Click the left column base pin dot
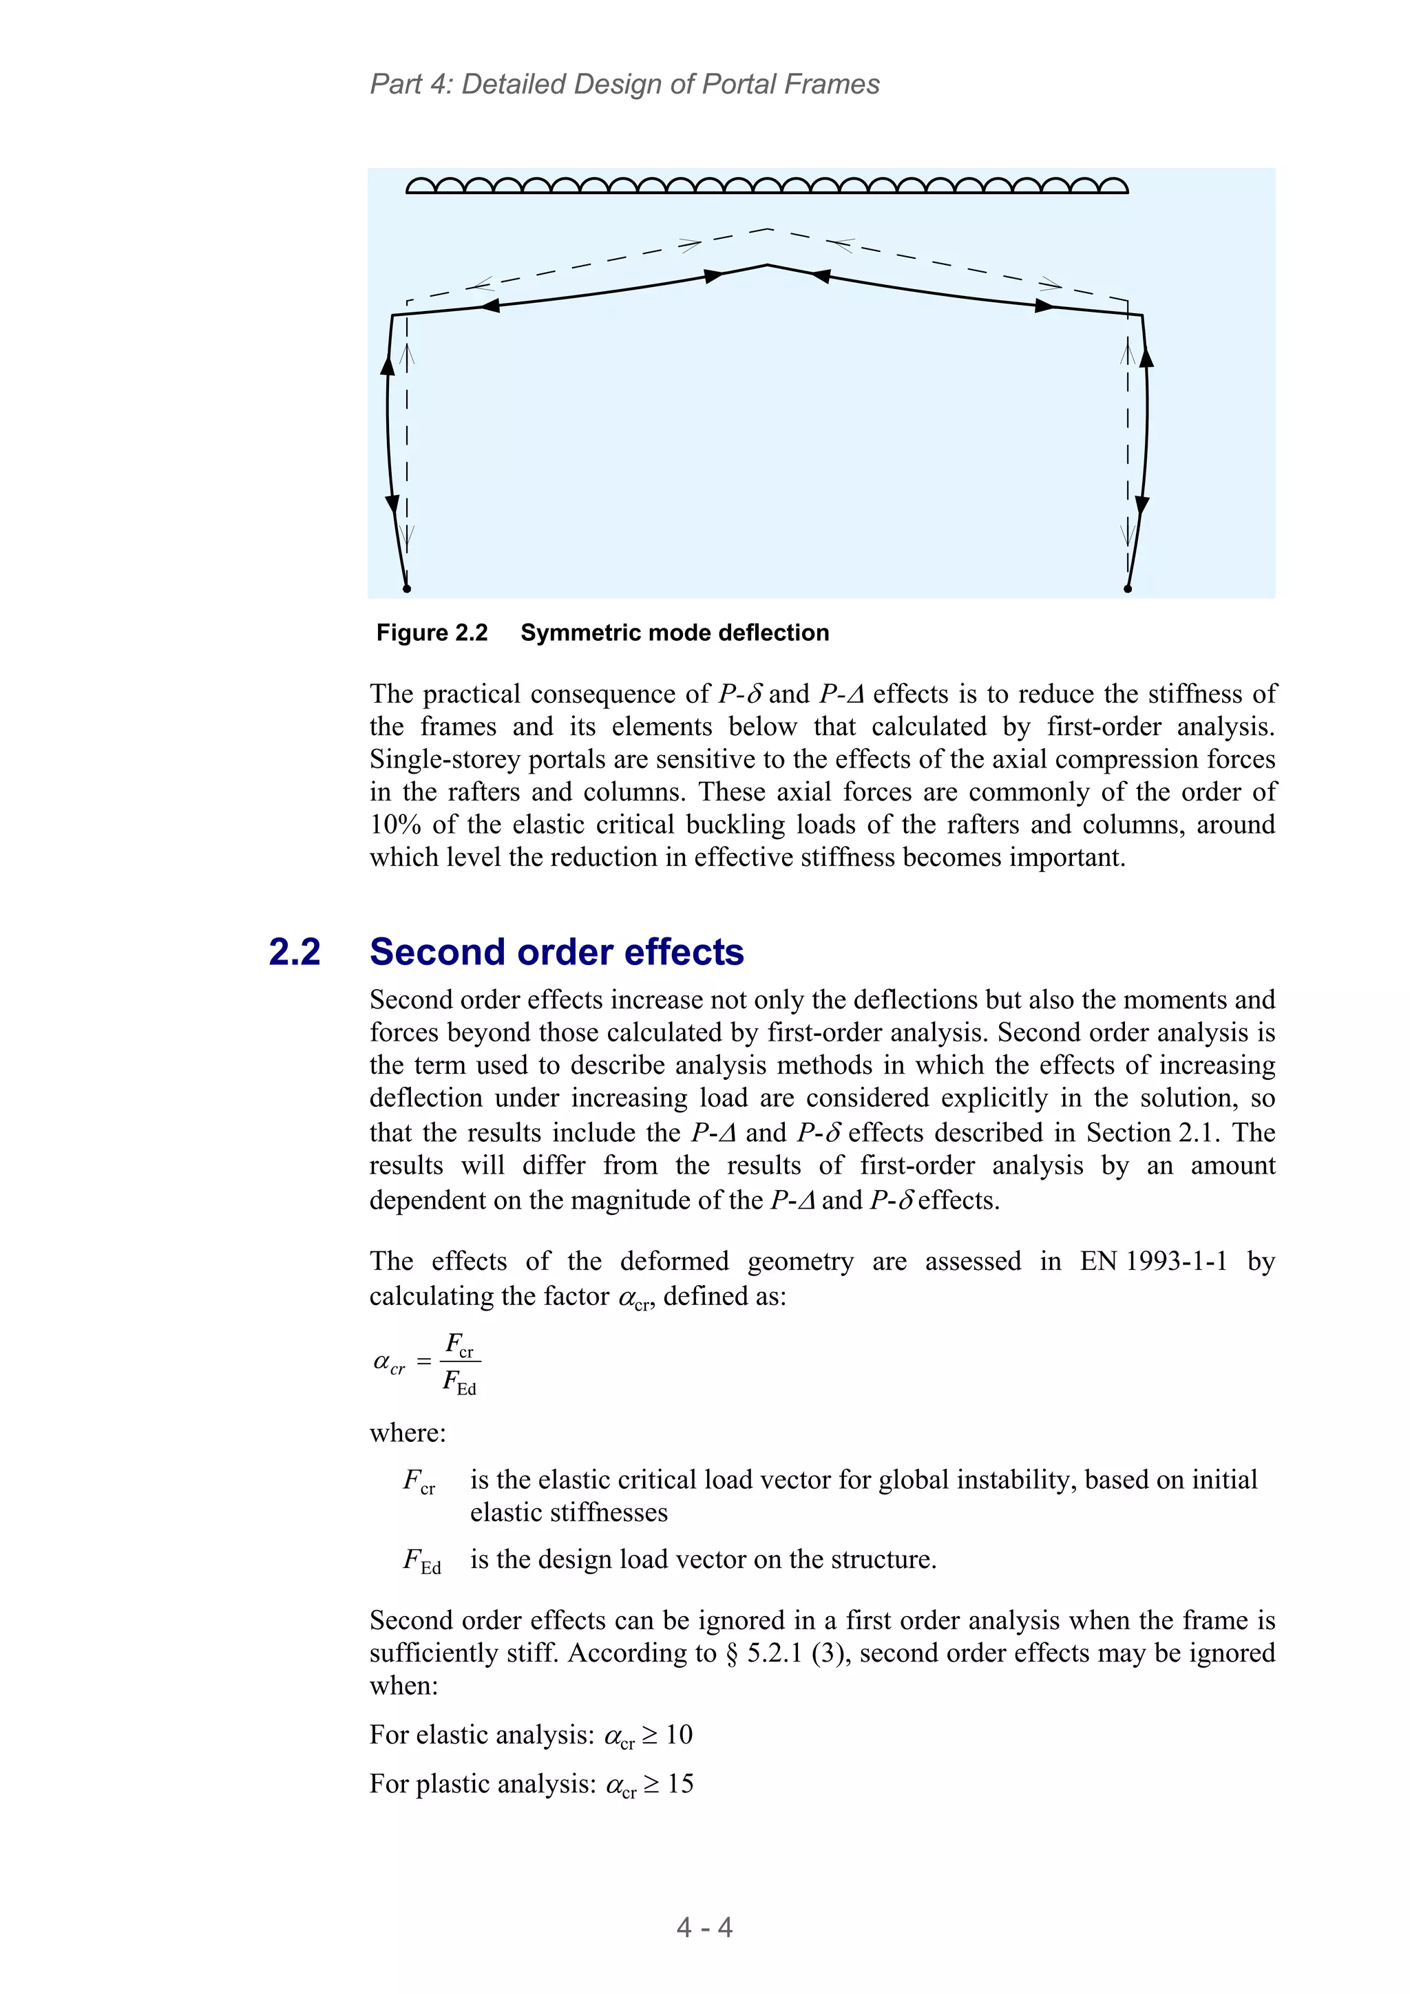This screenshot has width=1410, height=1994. point(407,588)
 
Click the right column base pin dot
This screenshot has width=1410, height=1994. point(1128,588)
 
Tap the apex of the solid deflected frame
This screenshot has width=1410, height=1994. point(768,265)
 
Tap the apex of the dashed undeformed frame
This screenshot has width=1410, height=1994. point(769,229)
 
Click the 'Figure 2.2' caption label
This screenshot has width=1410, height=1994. point(432,633)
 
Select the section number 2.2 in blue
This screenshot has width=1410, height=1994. point(295,953)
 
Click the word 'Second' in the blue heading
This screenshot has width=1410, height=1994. point(437,953)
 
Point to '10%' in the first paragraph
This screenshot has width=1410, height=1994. point(395,825)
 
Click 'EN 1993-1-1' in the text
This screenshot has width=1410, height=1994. point(1153,1261)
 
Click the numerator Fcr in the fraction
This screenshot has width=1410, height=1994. point(459,1345)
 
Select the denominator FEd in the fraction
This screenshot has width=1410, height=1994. point(459,1381)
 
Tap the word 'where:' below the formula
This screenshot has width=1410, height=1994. point(408,1432)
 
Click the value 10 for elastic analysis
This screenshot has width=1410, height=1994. point(680,1735)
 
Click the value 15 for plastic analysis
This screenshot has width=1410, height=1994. point(680,1784)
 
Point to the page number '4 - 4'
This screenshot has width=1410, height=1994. point(704,1927)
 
